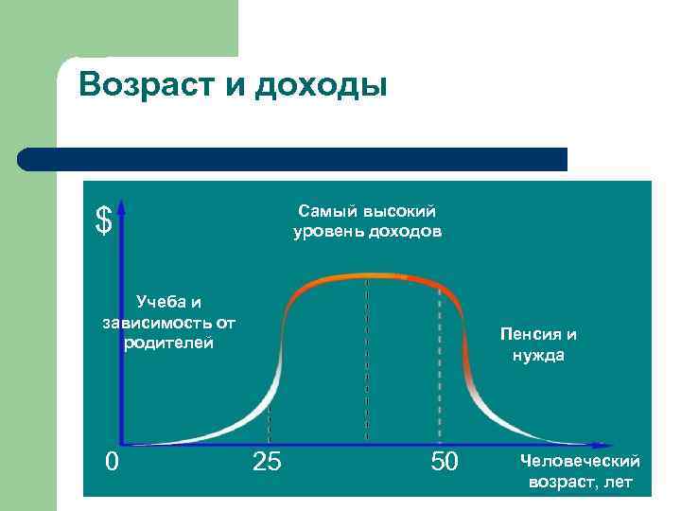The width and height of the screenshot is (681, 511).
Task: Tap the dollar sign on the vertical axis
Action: [103, 220]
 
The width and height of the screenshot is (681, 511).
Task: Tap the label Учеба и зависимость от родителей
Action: [168, 322]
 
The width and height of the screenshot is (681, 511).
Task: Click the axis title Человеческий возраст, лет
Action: [579, 471]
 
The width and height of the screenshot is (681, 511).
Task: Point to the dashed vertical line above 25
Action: [269, 416]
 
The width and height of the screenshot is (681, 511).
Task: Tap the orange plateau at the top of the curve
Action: [369, 277]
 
